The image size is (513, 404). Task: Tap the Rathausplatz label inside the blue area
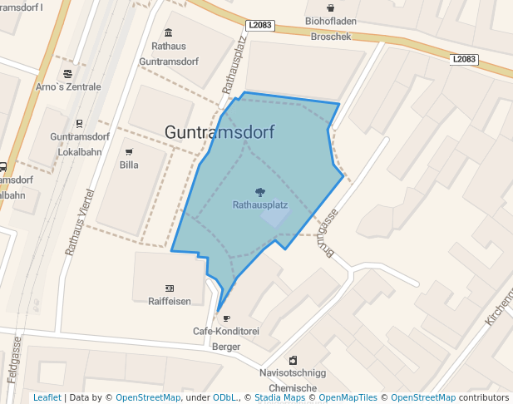tap(260, 204)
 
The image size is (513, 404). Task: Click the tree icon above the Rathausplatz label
tap(260, 192)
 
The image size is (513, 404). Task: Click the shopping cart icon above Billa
tap(129, 152)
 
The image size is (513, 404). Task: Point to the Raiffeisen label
tap(170, 300)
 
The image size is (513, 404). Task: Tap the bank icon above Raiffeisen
tap(170, 288)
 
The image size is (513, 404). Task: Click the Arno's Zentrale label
tap(68, 86)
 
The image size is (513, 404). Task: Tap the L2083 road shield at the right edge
tap(465, 59)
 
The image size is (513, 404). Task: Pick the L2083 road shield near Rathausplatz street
tap(260, 26)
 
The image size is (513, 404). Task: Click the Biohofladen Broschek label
tap(331, 28)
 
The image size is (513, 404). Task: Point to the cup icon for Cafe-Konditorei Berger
tap(226, 318)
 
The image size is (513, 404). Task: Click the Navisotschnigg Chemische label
tap(293, 381)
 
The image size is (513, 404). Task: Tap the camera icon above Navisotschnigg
tap(293, 360)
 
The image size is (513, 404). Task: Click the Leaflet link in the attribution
tap(47, 397)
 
